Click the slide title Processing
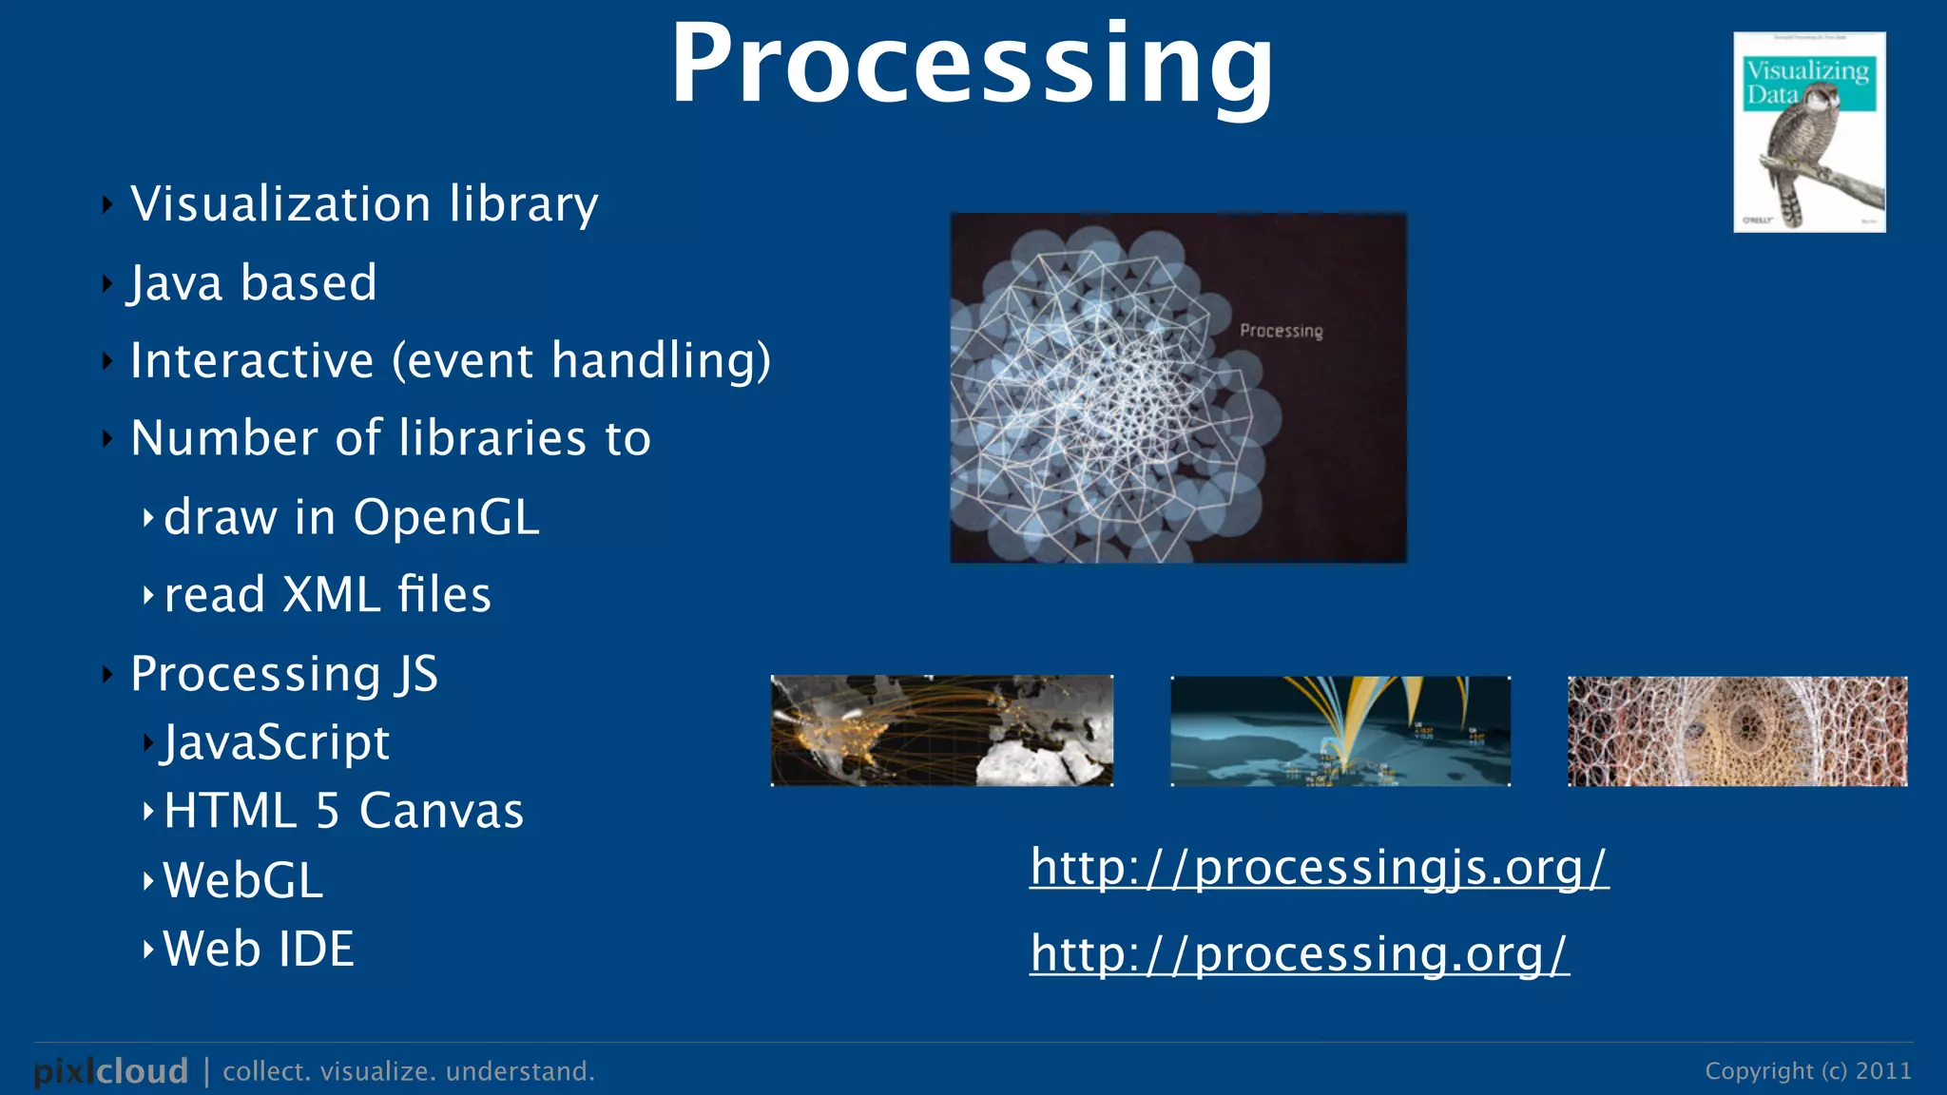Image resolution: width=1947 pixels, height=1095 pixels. click(972, 65)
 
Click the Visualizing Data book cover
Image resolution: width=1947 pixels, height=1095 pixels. click(1809, 133)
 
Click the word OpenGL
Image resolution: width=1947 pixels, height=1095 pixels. click(446, 518)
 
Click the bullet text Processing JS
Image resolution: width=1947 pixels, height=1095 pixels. click(283, 674)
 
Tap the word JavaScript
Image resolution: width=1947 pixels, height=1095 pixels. click(276, 742)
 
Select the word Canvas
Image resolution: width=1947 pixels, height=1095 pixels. click(441, 811)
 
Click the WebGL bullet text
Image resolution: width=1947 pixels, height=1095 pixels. click(243, 880)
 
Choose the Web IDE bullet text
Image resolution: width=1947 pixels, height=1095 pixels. click(259, 949)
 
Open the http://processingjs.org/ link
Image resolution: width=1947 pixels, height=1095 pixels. click(1319, 867)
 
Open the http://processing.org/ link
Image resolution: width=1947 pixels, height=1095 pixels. click(1299, 953)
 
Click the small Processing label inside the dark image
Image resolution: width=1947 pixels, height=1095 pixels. click(1281, 331)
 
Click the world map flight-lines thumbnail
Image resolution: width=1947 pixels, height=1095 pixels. click(941, 731)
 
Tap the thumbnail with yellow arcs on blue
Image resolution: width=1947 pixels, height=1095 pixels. click(1340, 731)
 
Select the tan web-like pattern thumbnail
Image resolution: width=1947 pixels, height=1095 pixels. click(1737, 731)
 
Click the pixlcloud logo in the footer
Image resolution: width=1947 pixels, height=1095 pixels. click(111, 1071)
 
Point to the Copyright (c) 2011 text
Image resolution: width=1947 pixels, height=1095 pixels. click(1807, 1071)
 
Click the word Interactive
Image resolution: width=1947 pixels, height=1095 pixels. click(252, 361)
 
